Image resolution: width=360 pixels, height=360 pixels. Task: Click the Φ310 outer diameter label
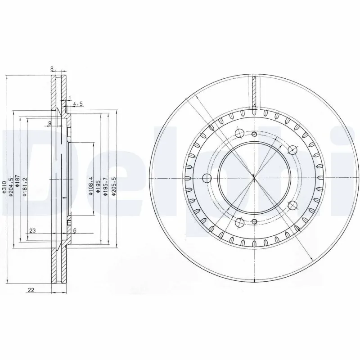pos(4,187)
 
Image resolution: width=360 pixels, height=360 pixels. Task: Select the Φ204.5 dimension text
pos(11,187)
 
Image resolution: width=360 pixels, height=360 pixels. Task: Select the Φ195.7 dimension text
pos(105,186)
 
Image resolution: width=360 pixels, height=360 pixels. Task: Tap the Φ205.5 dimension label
pos(113,186)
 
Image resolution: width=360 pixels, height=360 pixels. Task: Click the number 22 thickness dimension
pos(31,290)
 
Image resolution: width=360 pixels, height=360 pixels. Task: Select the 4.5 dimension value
pos(78,104)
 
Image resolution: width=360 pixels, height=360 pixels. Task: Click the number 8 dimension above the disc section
pos(52,69)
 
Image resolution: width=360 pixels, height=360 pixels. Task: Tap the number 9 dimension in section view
pos(49,123)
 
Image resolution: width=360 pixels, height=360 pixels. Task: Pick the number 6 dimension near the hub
pos(75,230)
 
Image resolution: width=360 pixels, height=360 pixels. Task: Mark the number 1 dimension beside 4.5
pos(70,98)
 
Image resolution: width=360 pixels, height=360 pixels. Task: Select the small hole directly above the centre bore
pos(254,134)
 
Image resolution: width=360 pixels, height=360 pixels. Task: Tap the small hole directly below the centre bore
pos(254,221)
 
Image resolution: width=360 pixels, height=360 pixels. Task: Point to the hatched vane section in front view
pos(254,93)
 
